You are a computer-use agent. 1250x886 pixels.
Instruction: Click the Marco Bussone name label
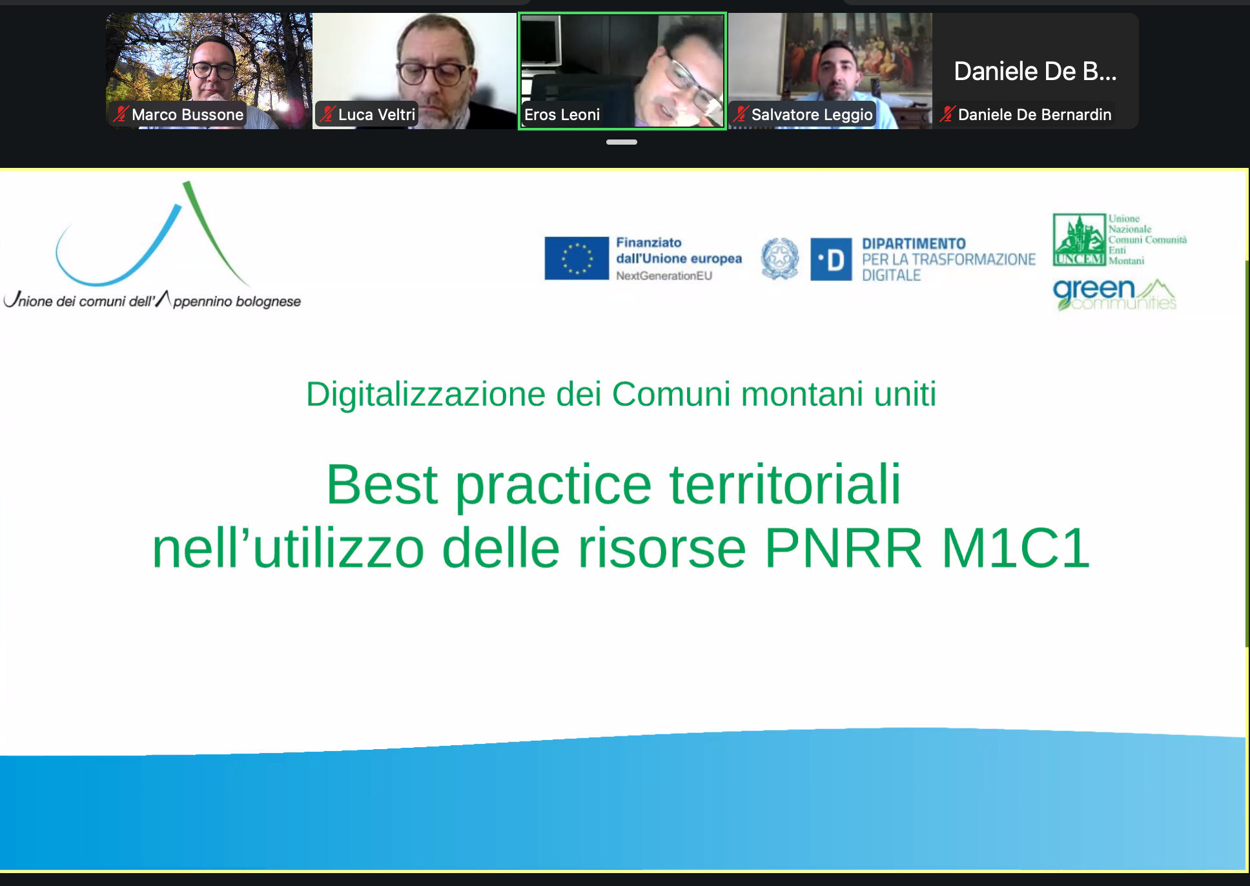coord(187,115)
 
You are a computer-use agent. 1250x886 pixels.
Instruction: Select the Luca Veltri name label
coord(376,115)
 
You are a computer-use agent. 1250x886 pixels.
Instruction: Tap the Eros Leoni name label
coord(562,115)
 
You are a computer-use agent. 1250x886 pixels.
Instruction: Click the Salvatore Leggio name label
coord(812,115)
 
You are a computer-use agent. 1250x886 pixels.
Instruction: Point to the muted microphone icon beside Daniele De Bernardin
coord(947,114)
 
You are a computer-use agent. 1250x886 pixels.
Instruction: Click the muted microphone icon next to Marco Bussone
coord(121,114)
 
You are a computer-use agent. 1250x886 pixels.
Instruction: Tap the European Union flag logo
coord(577,258)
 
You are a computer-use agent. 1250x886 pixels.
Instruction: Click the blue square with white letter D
coord(831,259)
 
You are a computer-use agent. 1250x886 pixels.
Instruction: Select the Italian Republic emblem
coord(780,258)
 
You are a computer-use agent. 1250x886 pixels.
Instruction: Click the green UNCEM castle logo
coord(1079,240)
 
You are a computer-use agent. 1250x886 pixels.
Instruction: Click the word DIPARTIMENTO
coord(914,243)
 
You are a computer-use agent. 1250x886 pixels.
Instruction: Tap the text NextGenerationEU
coord(664,276)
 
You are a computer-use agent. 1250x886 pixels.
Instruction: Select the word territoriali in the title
coord(785,484)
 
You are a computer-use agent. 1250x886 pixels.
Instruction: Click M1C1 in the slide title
coord(1016,548)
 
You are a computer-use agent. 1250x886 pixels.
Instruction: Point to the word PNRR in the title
coord(843,548)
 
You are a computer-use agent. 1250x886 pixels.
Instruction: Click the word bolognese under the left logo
coord(268,302)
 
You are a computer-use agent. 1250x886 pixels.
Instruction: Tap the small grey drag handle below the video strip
coord(622,142)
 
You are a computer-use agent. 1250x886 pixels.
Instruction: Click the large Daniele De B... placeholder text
coord(1035,71)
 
